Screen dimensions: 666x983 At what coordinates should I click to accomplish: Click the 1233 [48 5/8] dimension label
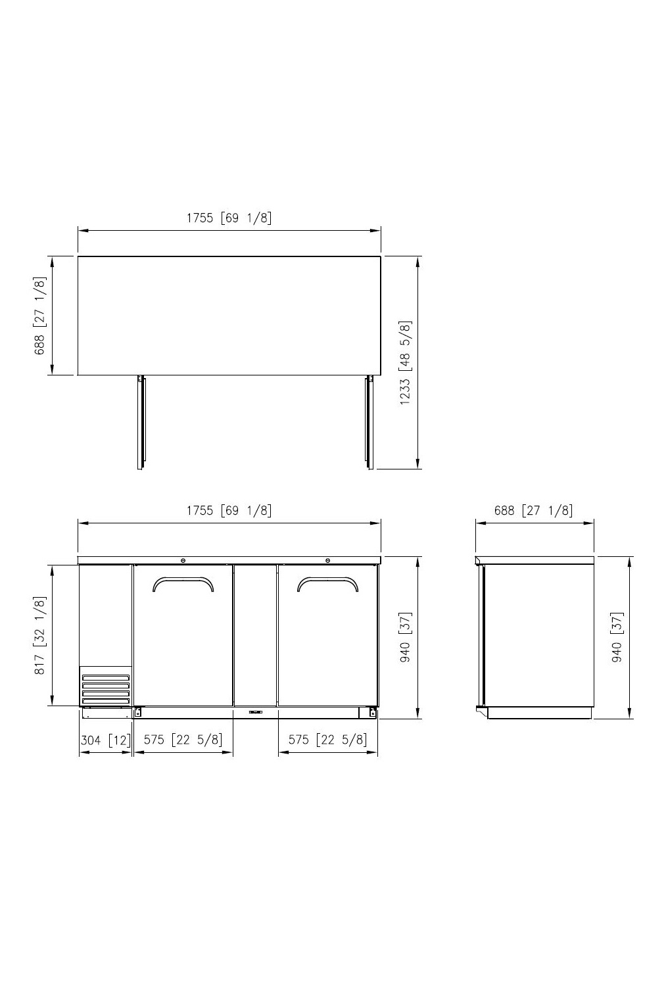coord(406,363)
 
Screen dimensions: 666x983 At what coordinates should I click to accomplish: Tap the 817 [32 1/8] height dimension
coord(40,635)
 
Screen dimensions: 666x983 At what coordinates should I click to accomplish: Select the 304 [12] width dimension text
coord(106,740)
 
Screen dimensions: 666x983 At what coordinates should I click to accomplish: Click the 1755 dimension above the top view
coord(229,218)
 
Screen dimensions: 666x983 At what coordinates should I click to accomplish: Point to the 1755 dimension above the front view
coord(229,510)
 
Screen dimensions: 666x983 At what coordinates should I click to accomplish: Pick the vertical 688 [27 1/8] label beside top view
coord(40,316)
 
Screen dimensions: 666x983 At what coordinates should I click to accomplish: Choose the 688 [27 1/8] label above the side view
coord(533,510)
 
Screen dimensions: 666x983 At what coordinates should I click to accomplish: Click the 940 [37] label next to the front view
coord(406,637)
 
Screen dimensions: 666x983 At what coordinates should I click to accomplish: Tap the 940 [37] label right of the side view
coord(617,637)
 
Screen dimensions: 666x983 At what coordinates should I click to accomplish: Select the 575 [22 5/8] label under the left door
coord(183,740)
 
